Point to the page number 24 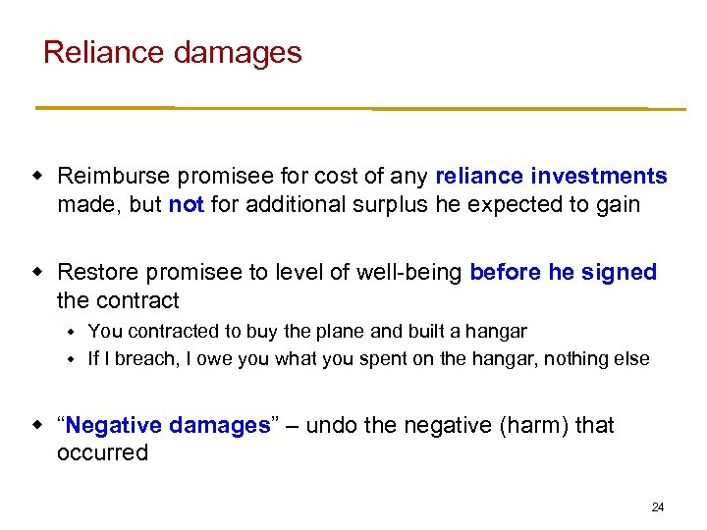(x=658, y=506)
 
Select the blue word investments (x=598, y=177)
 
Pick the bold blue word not (x=186, y=204)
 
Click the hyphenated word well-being (x=406, y=273)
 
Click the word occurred (x=102, y=452)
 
